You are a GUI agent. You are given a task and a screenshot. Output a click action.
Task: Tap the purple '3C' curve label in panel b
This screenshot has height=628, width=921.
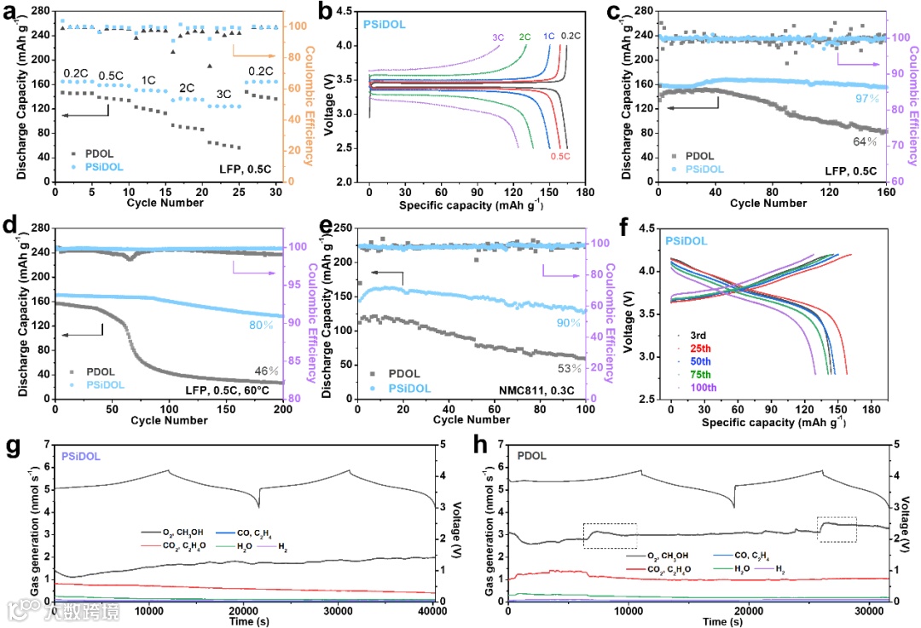(x=498, y=37)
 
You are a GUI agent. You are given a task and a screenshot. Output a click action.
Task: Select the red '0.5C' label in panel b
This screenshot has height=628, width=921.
(x=560, y=156)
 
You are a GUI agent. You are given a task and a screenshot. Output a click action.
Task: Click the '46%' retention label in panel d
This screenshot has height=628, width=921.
(x=267, y=370)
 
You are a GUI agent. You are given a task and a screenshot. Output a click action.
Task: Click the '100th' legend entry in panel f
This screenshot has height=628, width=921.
(x=700, y=389)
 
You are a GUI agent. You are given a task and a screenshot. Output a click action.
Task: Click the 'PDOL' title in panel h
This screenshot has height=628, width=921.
(x=533, y=457)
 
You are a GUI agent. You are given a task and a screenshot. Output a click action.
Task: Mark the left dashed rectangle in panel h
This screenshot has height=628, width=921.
(x=610, y=535)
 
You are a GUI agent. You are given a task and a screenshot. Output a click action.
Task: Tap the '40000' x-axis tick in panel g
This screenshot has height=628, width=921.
(x=434, y=611)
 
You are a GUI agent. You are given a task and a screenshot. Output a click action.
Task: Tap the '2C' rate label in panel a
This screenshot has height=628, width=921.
(x=186, y=88)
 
